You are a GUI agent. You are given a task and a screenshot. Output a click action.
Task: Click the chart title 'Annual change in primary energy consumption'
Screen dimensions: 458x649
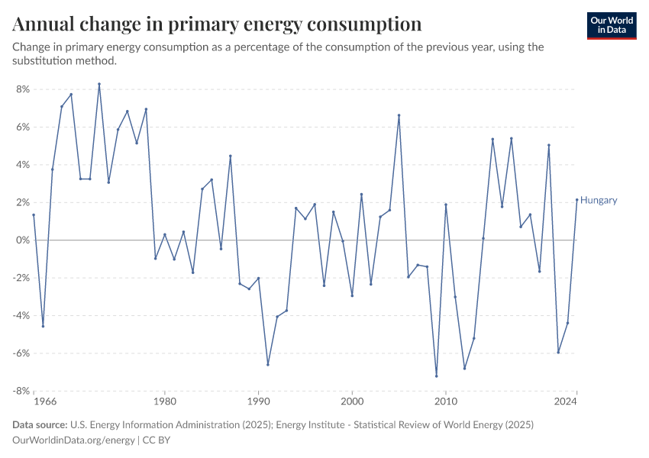217,24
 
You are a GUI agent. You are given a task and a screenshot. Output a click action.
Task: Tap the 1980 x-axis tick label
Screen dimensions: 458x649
164,400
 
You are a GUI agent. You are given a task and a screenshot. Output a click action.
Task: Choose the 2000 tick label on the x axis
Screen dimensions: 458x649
352,400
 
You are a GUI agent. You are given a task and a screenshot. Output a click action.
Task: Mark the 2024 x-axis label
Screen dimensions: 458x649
565,400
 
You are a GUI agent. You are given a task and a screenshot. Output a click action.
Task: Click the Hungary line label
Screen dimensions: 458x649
599,201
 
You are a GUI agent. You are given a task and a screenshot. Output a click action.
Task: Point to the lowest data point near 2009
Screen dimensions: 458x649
437,376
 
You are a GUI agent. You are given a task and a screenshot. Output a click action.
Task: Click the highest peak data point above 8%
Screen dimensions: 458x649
99,84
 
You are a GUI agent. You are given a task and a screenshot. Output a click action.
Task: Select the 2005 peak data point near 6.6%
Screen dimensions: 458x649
399,115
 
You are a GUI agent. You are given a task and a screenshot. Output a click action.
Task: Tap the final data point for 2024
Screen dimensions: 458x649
577,200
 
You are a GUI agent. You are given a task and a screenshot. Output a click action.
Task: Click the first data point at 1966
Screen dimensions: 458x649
34,214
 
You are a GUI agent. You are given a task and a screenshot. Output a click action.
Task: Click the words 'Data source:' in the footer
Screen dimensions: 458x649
40,424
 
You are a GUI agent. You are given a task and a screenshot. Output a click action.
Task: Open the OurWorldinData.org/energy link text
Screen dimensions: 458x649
73,440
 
